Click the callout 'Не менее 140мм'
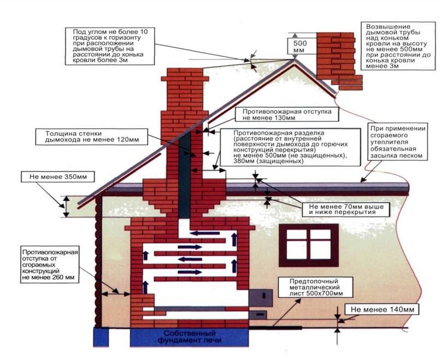tap(381, 310)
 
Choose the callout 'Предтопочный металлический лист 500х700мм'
tap(311, 286)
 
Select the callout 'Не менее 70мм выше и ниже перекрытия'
tap(342, 209)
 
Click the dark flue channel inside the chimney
tap(185, 175)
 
